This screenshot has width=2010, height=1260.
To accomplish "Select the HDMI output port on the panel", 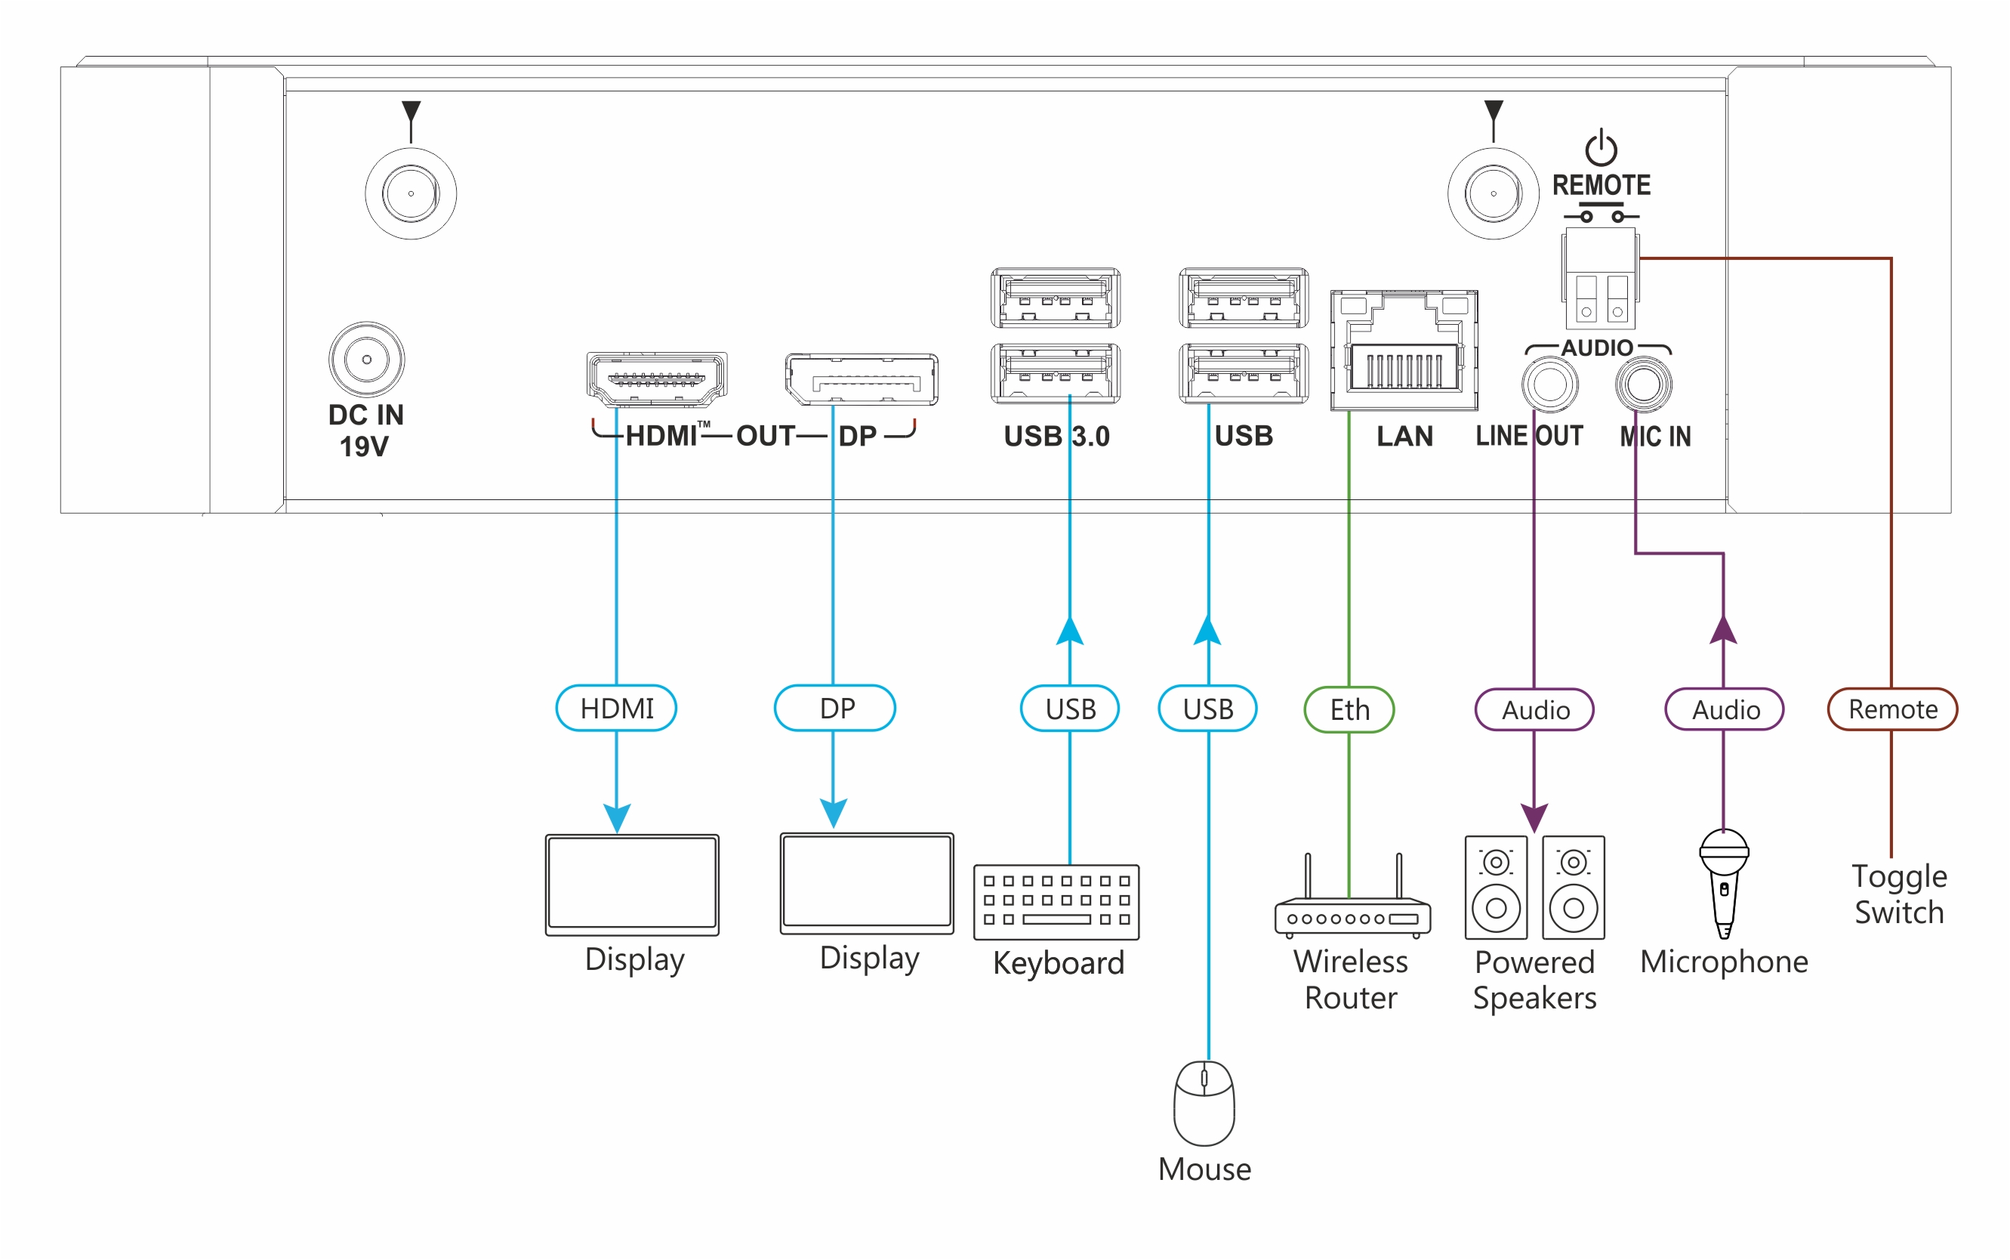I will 656,379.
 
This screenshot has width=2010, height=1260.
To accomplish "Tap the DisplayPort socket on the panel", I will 862,379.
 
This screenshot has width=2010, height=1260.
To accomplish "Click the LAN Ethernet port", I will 1404,350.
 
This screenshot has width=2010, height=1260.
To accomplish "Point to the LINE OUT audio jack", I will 1549,385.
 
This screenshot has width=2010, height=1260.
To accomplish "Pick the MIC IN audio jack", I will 1642,385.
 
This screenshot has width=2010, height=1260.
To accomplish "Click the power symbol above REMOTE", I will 1600,148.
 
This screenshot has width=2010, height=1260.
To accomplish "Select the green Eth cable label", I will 1349,710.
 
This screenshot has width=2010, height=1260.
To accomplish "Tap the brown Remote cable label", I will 1891,709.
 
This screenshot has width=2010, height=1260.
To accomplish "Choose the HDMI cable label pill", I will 616,709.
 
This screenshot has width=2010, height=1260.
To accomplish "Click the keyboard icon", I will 1056,902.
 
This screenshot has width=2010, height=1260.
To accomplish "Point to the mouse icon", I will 1204,1103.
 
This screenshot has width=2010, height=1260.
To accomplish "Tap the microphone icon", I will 1724,882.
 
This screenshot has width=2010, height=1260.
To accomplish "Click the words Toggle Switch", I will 1898,894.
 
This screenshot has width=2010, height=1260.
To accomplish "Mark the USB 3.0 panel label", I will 1056,436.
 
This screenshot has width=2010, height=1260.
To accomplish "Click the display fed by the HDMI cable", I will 632,884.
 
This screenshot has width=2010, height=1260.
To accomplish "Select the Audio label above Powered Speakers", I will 1534,710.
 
